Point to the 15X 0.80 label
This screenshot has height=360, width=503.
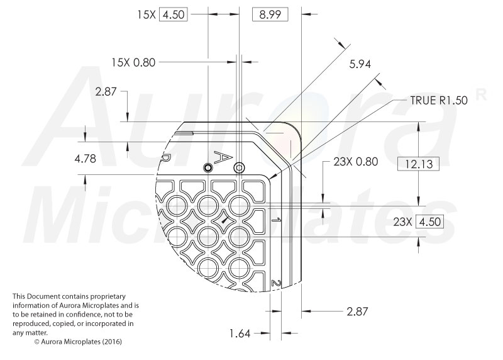132,62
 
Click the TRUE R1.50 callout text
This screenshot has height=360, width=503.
438,99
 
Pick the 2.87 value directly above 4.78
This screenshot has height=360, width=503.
106,92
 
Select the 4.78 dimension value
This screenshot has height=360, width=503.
86,159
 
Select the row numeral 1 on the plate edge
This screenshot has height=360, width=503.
275,220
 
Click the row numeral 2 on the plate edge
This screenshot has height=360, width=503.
275,284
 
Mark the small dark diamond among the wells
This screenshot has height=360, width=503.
223,221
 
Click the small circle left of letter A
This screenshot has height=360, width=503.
207,167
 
